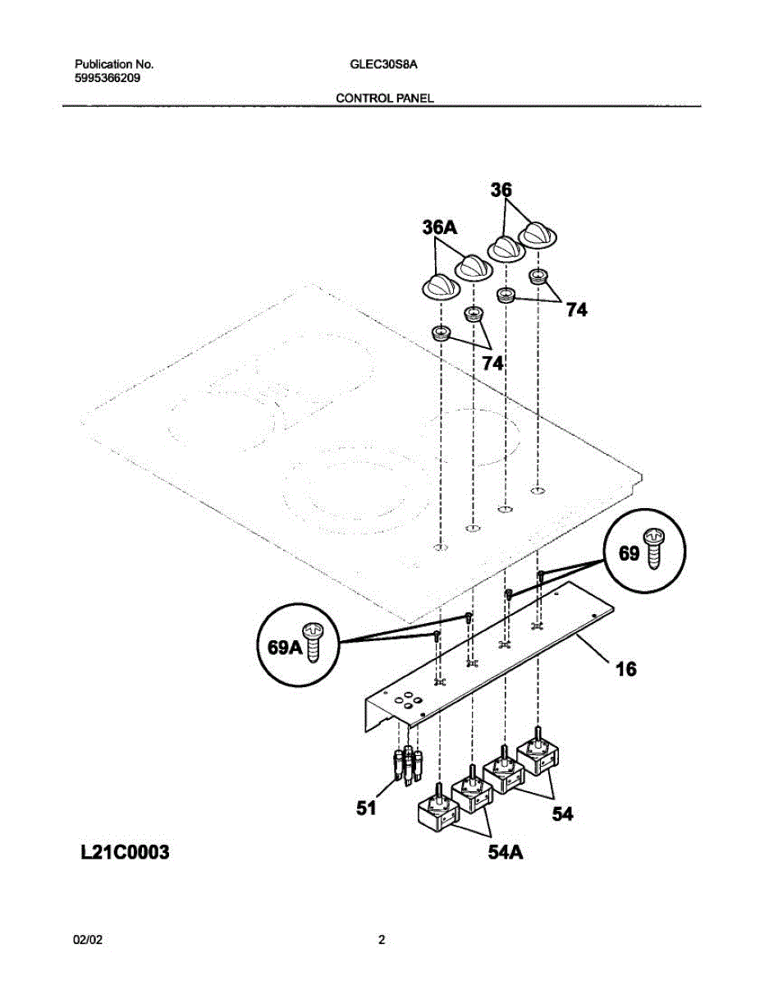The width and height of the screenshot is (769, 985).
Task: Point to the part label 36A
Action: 439,227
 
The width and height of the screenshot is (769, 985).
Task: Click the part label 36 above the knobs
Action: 501,190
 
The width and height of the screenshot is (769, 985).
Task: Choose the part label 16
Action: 625,670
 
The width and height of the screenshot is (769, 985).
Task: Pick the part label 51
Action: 366,809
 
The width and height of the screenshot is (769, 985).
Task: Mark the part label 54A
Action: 506,854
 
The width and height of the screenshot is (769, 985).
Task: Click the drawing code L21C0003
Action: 124,853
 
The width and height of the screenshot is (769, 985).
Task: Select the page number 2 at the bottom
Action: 381,941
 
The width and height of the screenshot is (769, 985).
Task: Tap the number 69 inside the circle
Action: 629,554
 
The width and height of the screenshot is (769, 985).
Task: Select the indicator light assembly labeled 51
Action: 409,766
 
